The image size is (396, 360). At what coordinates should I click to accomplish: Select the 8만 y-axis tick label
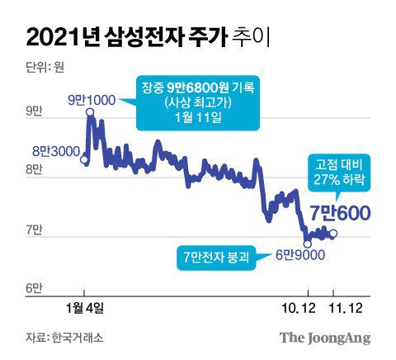coord(35,169)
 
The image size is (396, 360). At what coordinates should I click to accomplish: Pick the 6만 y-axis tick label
coord(35,288)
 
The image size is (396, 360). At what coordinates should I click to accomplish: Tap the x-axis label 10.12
coord(307,306)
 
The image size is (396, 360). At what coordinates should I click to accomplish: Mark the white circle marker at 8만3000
coord(84,160)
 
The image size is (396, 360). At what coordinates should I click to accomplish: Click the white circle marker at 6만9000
coord(308,243)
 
